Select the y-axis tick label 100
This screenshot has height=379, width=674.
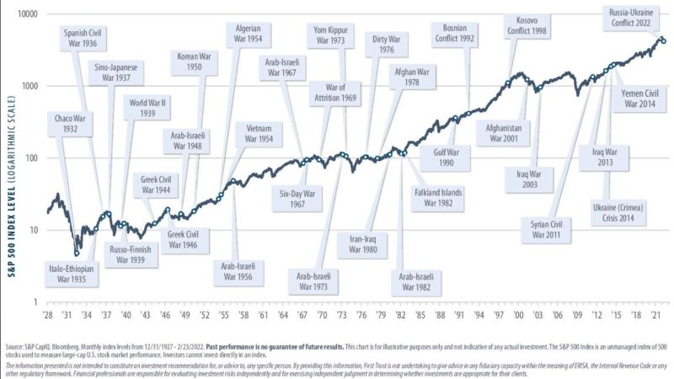tap(31, 157)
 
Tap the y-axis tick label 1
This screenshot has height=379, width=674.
tap(36, 302)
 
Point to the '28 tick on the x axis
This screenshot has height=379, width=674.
tap(47, 316)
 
